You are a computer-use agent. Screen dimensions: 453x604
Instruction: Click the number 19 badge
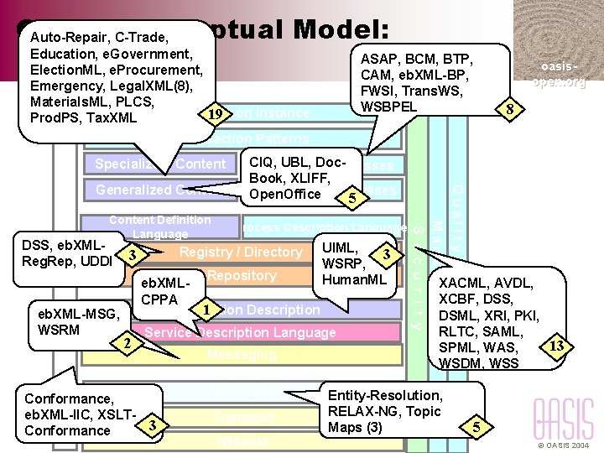(217, 113)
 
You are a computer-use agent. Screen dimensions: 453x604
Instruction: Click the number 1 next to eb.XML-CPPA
(205, 308)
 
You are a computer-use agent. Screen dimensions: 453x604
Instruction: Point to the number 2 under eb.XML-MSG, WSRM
(126, 344)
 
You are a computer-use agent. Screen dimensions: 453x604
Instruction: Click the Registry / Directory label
(241, 252)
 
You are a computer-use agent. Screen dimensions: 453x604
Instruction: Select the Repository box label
(243, 275)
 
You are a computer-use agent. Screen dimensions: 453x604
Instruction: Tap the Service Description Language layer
(240, 332)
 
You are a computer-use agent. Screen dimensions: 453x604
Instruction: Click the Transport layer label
(243, 417)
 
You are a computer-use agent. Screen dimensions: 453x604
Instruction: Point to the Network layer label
(243, 440)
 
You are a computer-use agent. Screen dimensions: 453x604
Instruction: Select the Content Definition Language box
(159, 226)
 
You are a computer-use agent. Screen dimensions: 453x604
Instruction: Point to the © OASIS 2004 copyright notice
(564, 445)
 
